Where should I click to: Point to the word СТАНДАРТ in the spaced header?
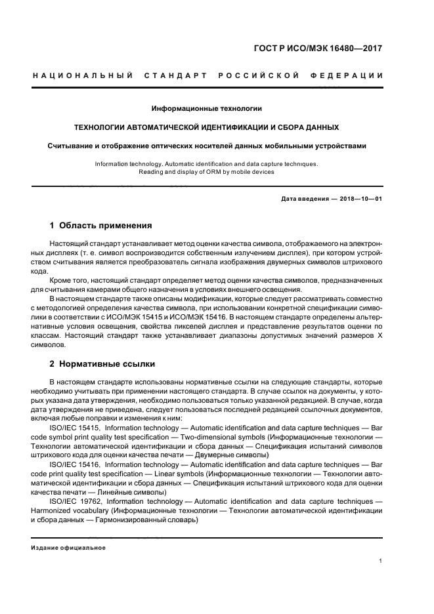point(174,75)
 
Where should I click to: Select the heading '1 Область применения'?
point(101,226)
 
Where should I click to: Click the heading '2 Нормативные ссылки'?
point(102,363)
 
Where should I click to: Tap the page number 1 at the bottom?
point(381,561)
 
